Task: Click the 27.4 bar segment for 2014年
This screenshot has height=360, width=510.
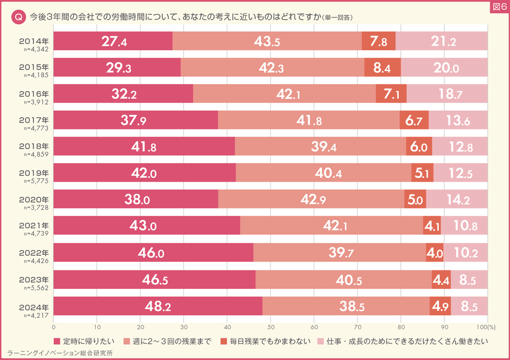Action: coord(113,41)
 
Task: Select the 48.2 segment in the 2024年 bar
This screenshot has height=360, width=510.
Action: coord(158,306)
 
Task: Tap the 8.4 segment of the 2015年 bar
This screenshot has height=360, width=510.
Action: coord(382,68)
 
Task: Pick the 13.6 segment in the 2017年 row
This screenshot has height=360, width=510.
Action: coord(458,120)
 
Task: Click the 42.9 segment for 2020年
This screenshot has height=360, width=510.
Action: coord(311,200)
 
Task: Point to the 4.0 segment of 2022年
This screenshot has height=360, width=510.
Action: coord(435,253)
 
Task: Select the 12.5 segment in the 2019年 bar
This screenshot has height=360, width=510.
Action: coord(460,173)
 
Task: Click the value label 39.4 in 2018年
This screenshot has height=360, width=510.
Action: coord(320,147)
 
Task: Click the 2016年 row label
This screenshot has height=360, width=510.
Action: coord(34,93)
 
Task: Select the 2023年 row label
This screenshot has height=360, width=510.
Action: coord(34,279)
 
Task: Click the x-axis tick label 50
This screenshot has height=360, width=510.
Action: coord(270,327)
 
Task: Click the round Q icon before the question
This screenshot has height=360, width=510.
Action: coord(18,18)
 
